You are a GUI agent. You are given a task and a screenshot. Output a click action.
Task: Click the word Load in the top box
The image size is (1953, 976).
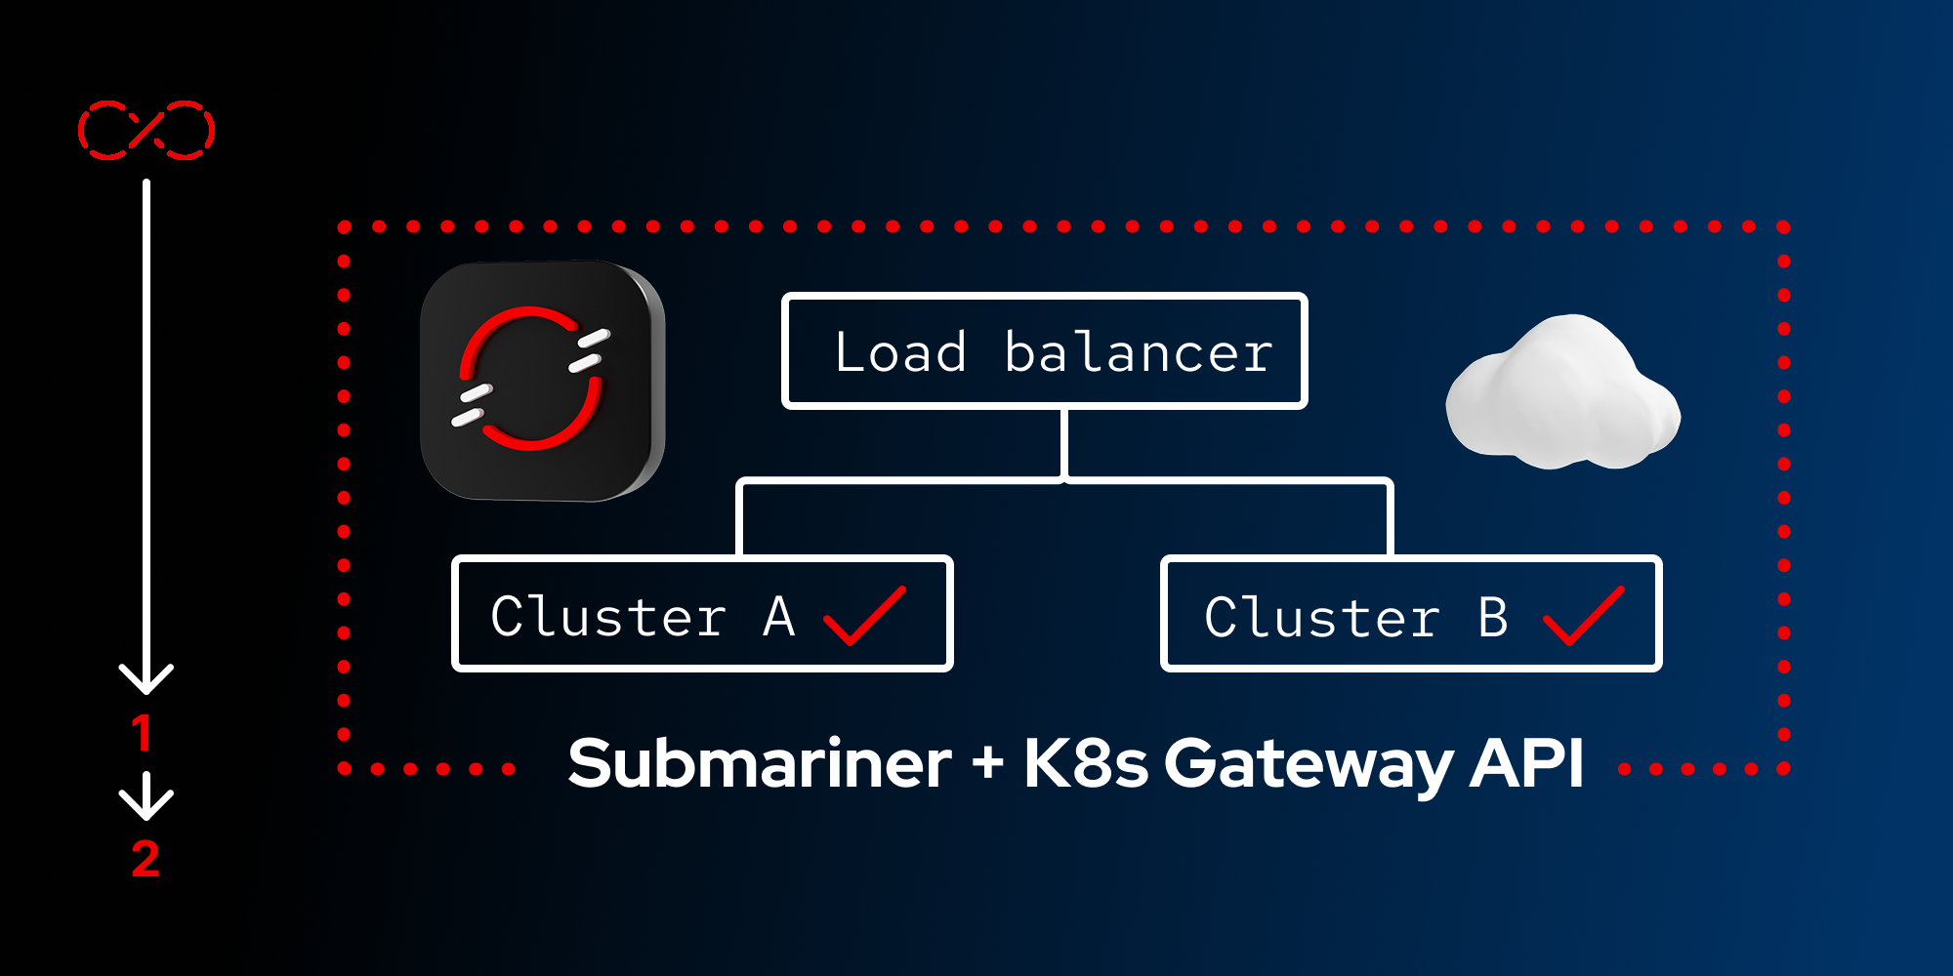[900, 352]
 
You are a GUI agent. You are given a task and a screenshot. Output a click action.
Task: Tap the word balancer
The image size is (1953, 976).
[1139, 352]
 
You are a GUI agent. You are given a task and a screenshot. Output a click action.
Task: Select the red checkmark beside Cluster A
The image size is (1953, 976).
[864, 616]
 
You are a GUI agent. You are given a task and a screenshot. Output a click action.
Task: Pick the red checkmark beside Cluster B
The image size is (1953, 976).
[1583, 616]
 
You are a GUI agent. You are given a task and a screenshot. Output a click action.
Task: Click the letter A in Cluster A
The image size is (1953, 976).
[779, 617]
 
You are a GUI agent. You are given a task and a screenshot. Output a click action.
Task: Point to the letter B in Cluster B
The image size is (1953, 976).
[1493, 618]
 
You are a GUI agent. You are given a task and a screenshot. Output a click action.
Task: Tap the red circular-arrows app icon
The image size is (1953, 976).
[542, 381]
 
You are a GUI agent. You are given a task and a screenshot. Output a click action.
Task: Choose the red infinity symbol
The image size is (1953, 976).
[146, 130]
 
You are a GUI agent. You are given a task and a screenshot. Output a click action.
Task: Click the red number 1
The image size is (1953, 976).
[143, 733]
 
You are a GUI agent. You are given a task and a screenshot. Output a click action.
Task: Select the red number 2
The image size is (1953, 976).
[145, 859]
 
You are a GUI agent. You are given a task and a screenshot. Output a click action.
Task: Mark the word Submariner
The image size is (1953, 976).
[759, 763]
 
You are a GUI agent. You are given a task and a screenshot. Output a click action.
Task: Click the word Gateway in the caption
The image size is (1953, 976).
[1309, 763]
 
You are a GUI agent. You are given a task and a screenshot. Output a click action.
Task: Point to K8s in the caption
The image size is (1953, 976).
[1085, 763]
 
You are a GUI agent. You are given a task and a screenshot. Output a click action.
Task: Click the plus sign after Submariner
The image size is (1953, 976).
[987, 762]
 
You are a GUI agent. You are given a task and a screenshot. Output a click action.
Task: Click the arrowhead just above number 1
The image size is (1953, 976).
[146, 677]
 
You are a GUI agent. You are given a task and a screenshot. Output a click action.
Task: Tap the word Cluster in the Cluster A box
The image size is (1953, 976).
[608, 617]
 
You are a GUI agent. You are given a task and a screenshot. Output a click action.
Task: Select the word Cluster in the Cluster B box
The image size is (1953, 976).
[1322, 618]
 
